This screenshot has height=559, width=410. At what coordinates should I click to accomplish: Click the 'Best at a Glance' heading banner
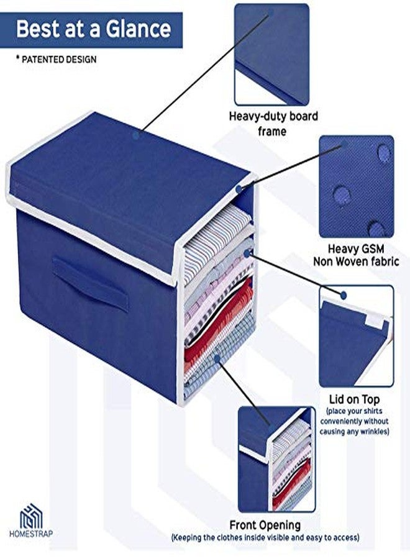click(x=91, y=30)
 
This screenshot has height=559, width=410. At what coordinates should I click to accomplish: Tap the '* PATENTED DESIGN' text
click(x=57, y=59)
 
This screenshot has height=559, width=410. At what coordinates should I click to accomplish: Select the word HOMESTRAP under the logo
click(x=31, y=534)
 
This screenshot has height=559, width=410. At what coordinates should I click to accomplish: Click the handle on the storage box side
click(x=91, y=284)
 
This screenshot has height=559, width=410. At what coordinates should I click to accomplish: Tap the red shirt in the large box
click(x=219, y=323)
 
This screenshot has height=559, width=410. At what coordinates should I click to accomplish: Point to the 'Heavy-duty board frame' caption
click(x=273, y=124)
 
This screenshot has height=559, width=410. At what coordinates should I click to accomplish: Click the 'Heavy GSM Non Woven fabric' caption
click(x=356, y=255)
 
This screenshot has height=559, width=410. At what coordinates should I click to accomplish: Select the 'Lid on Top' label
click(x=354, y=399)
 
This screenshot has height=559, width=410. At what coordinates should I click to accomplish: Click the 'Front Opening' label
click(x=265, y=525)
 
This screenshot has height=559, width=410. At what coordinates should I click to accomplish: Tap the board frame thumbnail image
click(x=271, y=54)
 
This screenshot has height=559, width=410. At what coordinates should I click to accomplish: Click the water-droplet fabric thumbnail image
click(x=357, y=186)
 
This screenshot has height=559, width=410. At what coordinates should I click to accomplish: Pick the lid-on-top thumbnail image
click(x=357, y=336)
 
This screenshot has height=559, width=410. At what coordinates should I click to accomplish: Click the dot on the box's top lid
click(x=136, y=135)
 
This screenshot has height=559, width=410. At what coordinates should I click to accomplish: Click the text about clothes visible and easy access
click(x=265, y=537)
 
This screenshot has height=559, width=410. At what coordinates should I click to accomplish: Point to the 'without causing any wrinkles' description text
click(x=354, y=426)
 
